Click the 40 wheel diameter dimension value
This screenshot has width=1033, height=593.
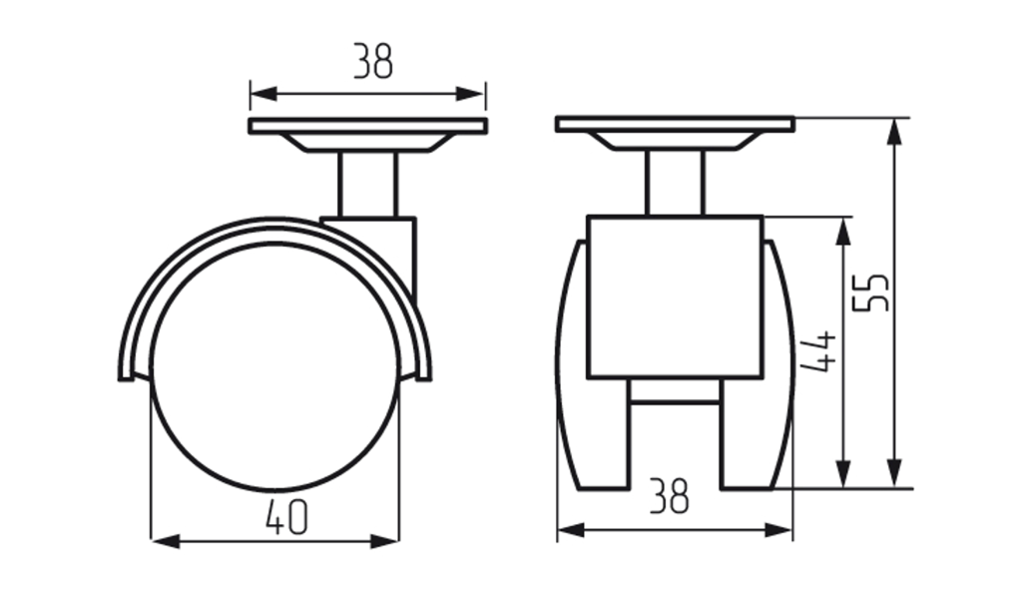[286, 517]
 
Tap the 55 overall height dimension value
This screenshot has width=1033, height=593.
[870, 292]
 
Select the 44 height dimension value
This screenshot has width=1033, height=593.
[818, 351]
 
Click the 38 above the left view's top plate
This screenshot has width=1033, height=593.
[373, 61]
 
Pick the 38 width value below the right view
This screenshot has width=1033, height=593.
[670, 496]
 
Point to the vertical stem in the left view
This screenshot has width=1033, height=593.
[367, 185]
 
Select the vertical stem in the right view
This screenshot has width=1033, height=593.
[676, 183]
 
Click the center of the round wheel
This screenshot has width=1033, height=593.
[275, 367]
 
